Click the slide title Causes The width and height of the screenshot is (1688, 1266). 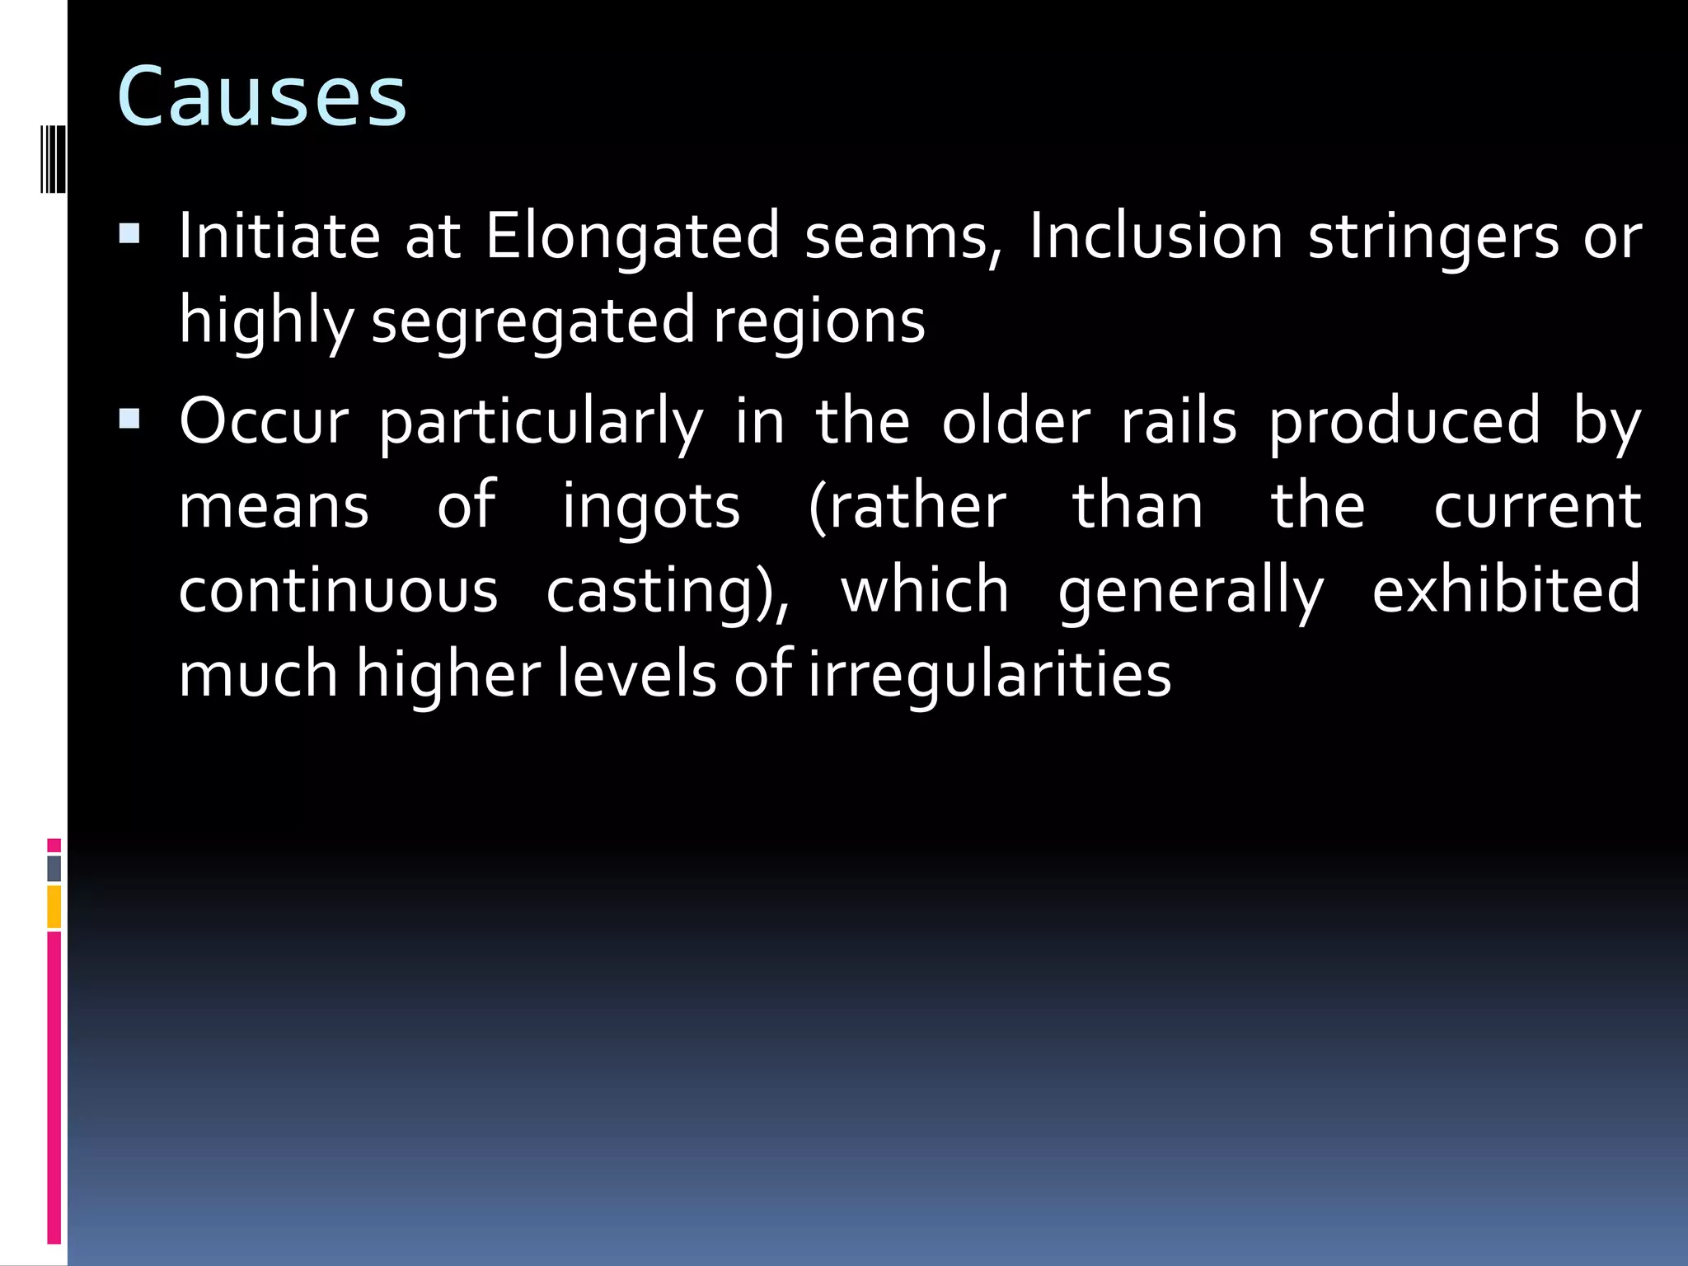262,97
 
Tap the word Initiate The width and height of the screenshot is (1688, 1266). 279,237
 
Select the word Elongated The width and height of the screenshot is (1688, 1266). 632,237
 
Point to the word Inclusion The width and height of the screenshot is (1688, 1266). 1156,237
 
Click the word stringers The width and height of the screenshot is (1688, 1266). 1433,237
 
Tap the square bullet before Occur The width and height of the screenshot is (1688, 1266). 129,420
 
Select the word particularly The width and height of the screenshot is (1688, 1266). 541,423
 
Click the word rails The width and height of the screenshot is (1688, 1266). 1179,421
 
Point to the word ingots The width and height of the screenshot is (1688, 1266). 651,506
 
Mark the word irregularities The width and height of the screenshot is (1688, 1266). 989,674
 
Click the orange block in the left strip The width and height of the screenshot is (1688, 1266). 54,907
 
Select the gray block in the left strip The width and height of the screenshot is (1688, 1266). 54,869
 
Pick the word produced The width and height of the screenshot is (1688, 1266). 1404,423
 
